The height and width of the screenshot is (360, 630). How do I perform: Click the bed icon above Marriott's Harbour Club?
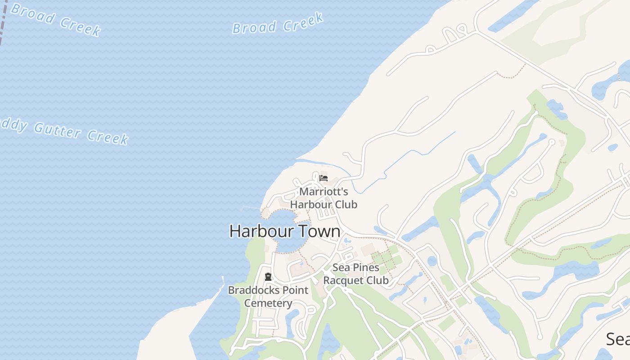pyautogui.click(x=323, y=178)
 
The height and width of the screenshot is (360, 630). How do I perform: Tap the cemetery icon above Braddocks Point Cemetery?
pyautogui.click(x=268, y=277)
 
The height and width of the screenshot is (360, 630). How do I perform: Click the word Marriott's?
pyautogui.click(x=324, y=191)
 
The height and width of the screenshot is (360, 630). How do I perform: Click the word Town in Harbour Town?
pyautogui.click(x=319, y=231)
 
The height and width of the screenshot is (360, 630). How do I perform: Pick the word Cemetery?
pyautogui.click(x=268, y=303)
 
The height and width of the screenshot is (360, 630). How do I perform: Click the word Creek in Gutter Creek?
pyautogui.click(x=108, y=137)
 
